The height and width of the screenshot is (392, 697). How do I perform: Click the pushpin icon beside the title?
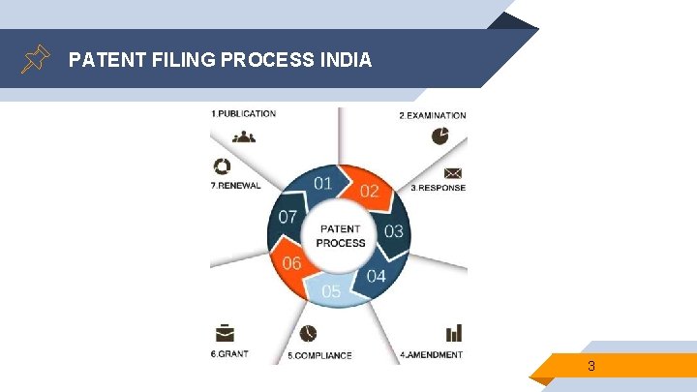(35, 59)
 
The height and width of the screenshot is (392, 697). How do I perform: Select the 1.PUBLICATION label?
(243, 114)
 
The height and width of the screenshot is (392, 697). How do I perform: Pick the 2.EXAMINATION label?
(433, 115)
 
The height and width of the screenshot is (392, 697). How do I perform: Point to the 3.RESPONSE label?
(439, 188)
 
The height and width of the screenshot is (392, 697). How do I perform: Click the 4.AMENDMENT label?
(431, 355)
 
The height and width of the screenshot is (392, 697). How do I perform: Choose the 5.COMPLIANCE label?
(319, 355)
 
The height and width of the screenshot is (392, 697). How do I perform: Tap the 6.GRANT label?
(229, 354)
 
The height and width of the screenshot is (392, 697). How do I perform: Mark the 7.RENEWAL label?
(235, 185)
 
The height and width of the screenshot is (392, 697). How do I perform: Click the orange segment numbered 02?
(372, 191)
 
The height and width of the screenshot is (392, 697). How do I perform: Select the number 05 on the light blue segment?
(331, 290)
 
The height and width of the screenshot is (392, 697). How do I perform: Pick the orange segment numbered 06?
(290, 262)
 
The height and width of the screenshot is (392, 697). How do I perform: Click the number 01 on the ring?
(323, 183)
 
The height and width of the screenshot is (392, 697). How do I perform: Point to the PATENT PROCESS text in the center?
(340, 236)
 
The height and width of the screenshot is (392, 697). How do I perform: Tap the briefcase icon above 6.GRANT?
(224, 334)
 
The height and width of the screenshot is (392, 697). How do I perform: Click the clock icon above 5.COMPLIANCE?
(308, 333)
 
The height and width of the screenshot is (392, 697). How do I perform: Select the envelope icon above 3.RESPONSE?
(452, 173)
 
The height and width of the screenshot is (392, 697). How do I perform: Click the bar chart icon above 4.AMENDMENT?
(453, 334)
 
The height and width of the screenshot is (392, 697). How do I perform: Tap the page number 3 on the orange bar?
(591, 366)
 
